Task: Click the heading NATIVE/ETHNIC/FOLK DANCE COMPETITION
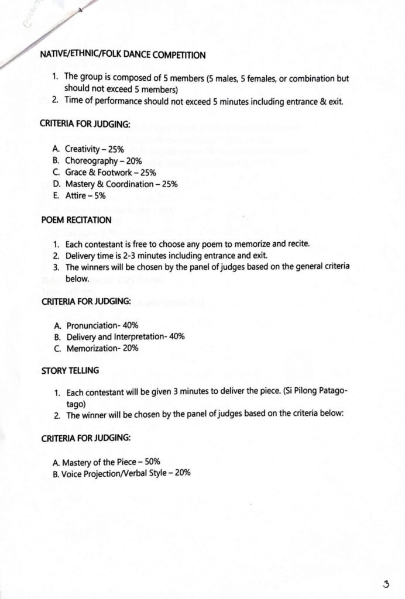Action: (123, 55)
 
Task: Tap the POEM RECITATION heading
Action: (76, 220)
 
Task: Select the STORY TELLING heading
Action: (70, 371)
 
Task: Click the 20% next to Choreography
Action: (133, 161)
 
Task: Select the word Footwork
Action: (116, 173)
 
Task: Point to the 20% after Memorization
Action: (131, 348)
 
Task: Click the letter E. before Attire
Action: (56, 196)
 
